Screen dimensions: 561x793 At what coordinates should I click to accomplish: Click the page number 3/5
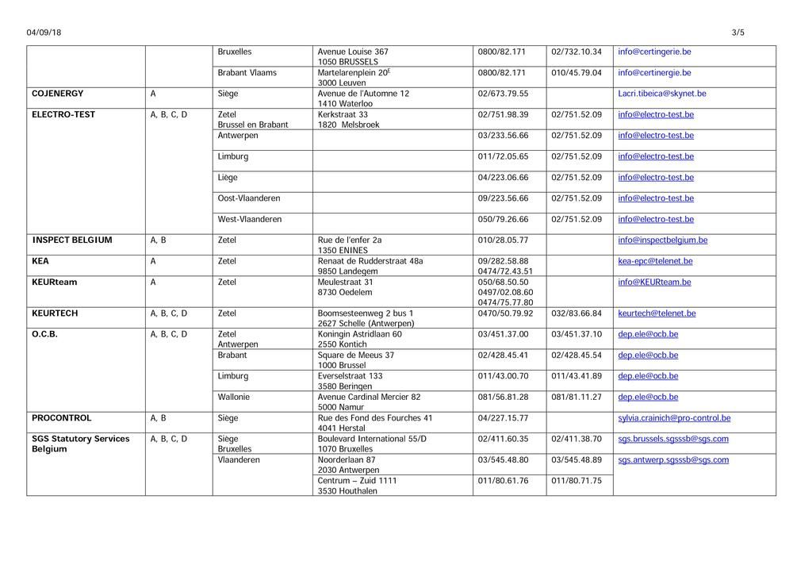(x=738, y=33)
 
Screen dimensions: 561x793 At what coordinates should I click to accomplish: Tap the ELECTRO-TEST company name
(x=63, y=114)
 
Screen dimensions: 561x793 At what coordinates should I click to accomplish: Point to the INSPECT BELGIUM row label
(x=72, y=240)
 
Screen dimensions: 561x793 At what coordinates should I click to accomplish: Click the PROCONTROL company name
(x=61, y=417)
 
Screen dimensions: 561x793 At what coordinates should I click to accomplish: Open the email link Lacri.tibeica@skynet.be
(x=661, y=94)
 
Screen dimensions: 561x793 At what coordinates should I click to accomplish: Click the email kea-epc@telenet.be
(x=655, y=260)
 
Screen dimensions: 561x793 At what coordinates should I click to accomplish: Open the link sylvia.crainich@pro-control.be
(x=674, y=417)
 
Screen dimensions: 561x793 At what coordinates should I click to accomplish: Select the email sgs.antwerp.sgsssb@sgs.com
(x=673, y=459)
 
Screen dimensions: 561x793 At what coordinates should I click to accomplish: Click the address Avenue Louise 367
(x=353, y=52)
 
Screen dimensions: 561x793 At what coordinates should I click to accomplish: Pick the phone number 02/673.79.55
(x=503, y=94)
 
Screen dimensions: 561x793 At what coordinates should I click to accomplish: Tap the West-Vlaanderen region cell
(x=250, y=219)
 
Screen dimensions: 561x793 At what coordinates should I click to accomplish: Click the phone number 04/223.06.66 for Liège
(x=503, y=177)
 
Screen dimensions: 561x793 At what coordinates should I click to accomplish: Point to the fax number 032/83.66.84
(x=577, y=313)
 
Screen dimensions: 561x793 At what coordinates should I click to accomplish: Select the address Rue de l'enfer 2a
(x=350, y=240)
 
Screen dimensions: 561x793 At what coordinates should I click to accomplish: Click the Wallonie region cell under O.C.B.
(x=234, y=397)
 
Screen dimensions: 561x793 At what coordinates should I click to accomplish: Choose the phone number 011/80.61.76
(x=503, y=480)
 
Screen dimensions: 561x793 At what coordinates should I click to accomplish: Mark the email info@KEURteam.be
(x=654, y=282)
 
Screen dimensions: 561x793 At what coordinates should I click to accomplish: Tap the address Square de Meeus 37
(x=356, y=355)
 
